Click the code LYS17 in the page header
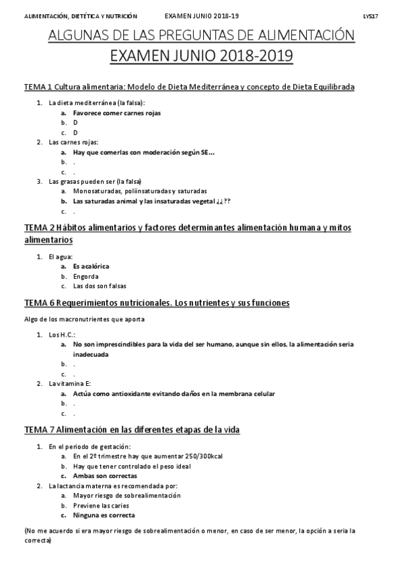pos(370,15)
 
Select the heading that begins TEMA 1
pos(189,87)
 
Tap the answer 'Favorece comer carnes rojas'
pos(116,113)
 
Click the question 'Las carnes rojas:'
pos(73,142)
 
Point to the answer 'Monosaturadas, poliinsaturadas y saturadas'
pos(140,191)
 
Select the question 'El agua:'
pos(61,257)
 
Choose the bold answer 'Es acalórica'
pos(91,266)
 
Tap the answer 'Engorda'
pos(86,276)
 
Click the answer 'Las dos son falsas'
pos(100,285)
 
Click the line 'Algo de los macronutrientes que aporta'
pos(84,319)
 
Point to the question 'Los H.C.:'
pos(63,335)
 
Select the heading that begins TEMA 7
pos(132,430)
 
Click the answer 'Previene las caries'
pos(101,506)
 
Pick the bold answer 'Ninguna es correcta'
pos(104,515)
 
